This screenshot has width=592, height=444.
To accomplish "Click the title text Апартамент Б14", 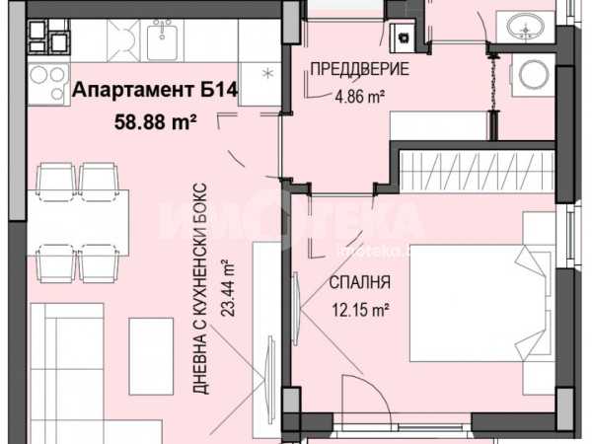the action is coord(155,90).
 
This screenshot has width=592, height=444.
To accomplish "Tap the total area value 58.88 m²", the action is coord(156,122).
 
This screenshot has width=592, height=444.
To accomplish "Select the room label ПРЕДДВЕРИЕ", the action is coord(359,69).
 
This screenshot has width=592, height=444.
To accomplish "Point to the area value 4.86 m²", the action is coord(360,97).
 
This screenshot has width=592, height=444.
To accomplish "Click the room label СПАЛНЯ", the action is coord(359,282).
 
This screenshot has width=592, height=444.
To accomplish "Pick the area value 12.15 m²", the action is coord(360,311).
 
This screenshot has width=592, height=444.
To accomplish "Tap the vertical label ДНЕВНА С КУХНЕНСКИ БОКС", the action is coord(200,289).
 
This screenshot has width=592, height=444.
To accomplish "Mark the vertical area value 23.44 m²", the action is coord(228,288).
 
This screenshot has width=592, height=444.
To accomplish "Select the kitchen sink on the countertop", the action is coord(162,39).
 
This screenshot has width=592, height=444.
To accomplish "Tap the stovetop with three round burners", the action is coord(48,83).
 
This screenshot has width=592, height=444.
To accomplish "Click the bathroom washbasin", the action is coord(525,25).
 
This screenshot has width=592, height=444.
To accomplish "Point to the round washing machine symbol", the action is coord(533,73).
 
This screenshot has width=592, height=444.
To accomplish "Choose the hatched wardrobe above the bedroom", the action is coord(478,172).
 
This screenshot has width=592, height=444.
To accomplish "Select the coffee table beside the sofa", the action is coord(151,356).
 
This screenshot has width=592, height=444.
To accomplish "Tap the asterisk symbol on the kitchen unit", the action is coord(267,73).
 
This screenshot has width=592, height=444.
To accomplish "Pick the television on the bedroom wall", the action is coord(296,309).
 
